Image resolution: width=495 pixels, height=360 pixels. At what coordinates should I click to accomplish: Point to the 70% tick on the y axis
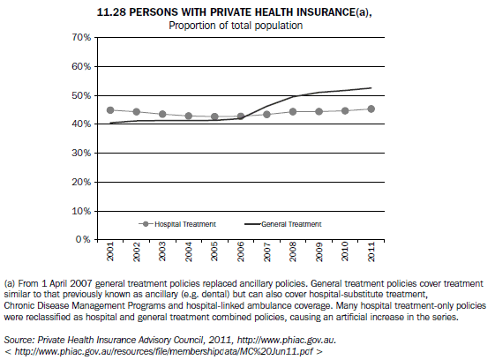click(x=81, y=38)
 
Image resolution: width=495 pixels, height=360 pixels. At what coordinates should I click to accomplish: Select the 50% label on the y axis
click(x=81, y=95)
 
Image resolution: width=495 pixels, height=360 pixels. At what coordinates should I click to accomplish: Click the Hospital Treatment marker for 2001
click(x=110, y=110)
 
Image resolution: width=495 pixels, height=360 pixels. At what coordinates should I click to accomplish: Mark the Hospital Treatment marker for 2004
click(x=189, y=116)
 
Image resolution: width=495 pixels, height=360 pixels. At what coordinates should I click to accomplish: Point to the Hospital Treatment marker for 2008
click(x=292, y=112)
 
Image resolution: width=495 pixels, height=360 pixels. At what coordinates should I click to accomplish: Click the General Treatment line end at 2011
click(x=370, y=88)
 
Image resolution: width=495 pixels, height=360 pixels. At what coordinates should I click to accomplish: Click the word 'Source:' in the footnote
click(x=19, y=338)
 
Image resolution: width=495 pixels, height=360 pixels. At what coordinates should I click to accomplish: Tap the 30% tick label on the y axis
click(x=81, y=153)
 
